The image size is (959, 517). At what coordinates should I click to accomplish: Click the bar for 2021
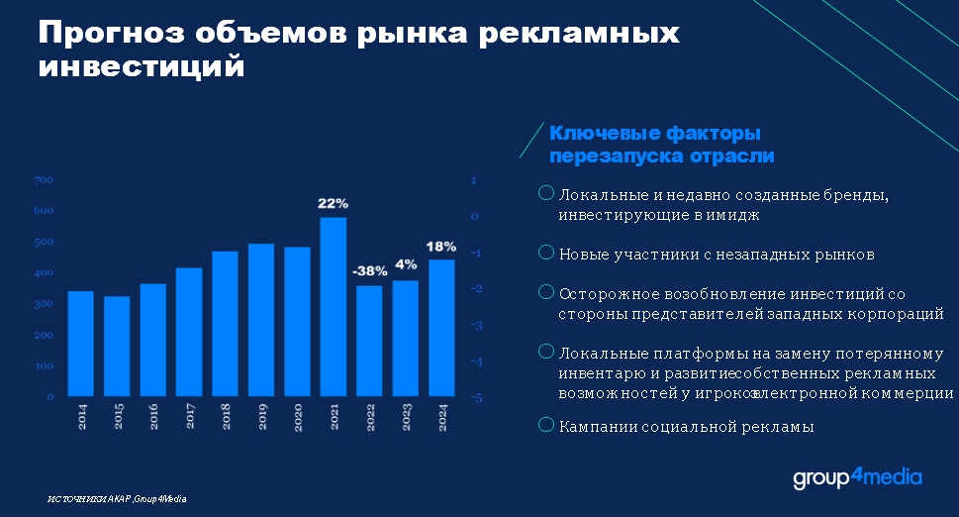click(x=333, y=307)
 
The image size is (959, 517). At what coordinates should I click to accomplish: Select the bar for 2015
click(x=117, y=347)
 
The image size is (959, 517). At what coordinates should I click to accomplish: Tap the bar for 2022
click(x=369, y=342)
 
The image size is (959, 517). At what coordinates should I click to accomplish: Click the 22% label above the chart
click(x=333, y=203)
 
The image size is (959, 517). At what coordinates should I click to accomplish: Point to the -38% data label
click(x=369, y=270)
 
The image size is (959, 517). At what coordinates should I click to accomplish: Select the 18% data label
click(x=440, y=246)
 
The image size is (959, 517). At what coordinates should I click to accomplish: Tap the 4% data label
click(x=406, y=264)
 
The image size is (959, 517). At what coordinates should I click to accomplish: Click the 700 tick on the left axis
click(x=44, y=180)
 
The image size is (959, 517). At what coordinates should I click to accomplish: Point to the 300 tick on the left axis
click(x=44, y=304)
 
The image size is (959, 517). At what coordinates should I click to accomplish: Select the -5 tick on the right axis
click(x=476, y=397)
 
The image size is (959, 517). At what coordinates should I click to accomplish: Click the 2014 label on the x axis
click(x=81, y=417)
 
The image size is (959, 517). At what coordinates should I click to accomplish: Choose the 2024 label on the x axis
click(x=440, y=417)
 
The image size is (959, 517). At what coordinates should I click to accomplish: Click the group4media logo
click(x=857, y=479)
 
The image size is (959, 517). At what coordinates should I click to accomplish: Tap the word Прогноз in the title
click(x=109, y=33)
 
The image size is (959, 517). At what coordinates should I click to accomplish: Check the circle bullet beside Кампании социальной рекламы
click(x=545, y=425)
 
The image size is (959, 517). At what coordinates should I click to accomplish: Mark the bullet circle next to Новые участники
click(x=545, y=253)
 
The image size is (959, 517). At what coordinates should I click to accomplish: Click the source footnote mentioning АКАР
click(x=117, y=498)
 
